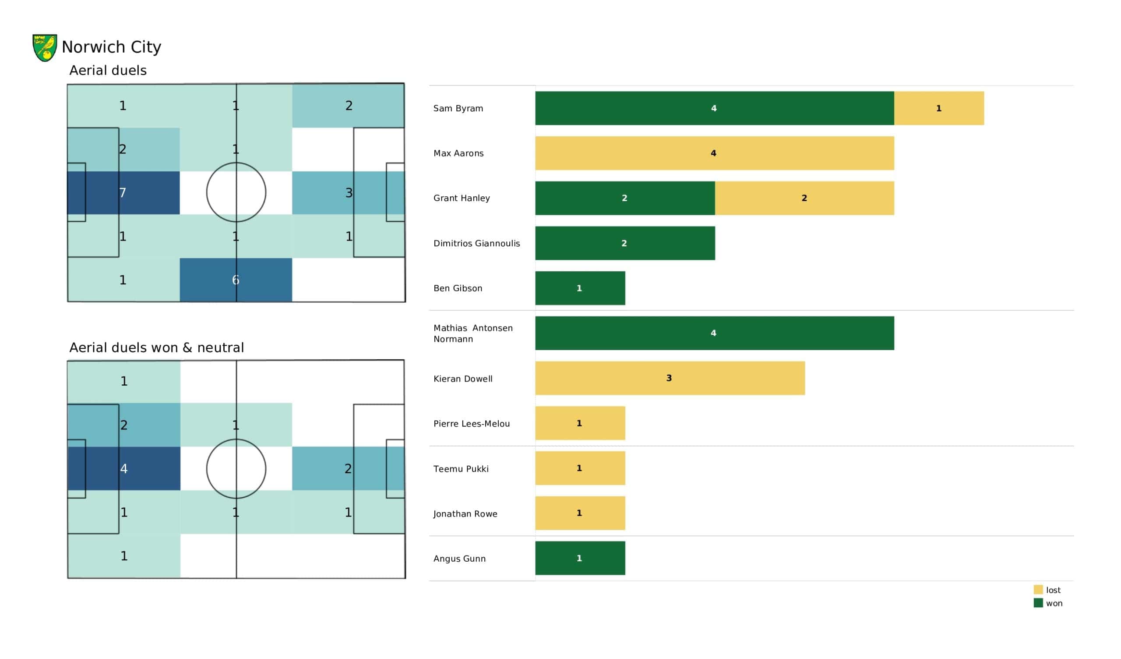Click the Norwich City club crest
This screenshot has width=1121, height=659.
click(45, 48)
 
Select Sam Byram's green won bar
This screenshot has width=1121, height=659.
click(714, 108)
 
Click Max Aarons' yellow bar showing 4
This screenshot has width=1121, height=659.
click(714, 153)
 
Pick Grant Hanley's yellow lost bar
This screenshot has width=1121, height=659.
click(804, 198)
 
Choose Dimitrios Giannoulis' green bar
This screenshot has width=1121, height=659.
click(624, 243)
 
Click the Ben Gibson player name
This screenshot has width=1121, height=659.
click(458, 289)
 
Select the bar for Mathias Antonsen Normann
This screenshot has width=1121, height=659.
click(714, 333)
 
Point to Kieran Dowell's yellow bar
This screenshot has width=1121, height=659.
click(670, 378)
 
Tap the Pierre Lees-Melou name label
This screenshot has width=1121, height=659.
click(472, 424)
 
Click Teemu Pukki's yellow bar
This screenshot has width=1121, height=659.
click(580, 468)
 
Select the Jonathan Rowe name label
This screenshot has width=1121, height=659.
click(465, 514)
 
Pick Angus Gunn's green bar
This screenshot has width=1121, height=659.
click(580, 558)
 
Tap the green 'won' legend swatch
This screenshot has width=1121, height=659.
click(1038, 603)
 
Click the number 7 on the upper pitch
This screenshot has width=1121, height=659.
click(123, 193)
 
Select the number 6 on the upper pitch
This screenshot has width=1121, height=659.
click(236, 280)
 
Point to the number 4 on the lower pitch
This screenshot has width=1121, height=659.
click(124, 469)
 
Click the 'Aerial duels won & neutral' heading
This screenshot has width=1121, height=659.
click(157, 348)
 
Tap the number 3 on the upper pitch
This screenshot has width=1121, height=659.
click(349, 193)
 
